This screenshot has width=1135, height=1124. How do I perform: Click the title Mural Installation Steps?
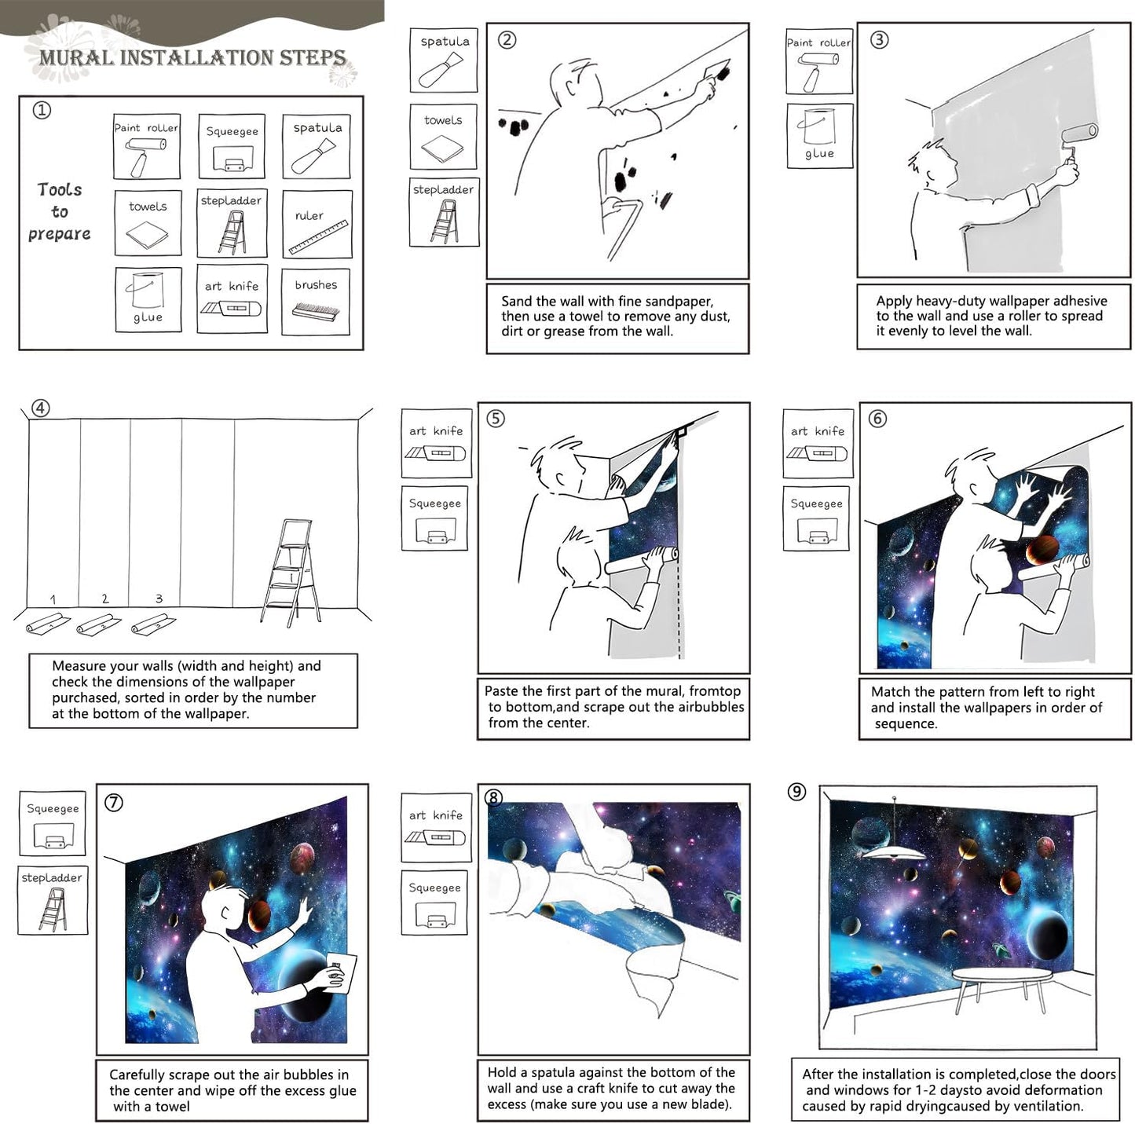click(192, 57)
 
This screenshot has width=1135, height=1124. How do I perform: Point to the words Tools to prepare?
click(60, 211)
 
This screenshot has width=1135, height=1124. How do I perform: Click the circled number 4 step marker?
click(40, 408)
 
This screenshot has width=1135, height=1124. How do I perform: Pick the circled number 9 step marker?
click(796, 792)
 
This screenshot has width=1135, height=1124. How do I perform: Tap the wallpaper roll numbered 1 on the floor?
click(48, 624)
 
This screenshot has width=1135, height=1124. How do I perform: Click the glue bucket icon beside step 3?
click(819, 136)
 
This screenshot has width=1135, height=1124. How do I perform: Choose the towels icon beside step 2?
click(443, 137)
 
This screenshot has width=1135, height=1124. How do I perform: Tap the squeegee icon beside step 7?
click(53, 823)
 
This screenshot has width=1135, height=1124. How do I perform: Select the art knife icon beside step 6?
click(818, 444)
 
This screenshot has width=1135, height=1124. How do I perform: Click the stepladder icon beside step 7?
click(53, 900)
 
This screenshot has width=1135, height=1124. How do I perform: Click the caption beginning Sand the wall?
click(617, 316)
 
